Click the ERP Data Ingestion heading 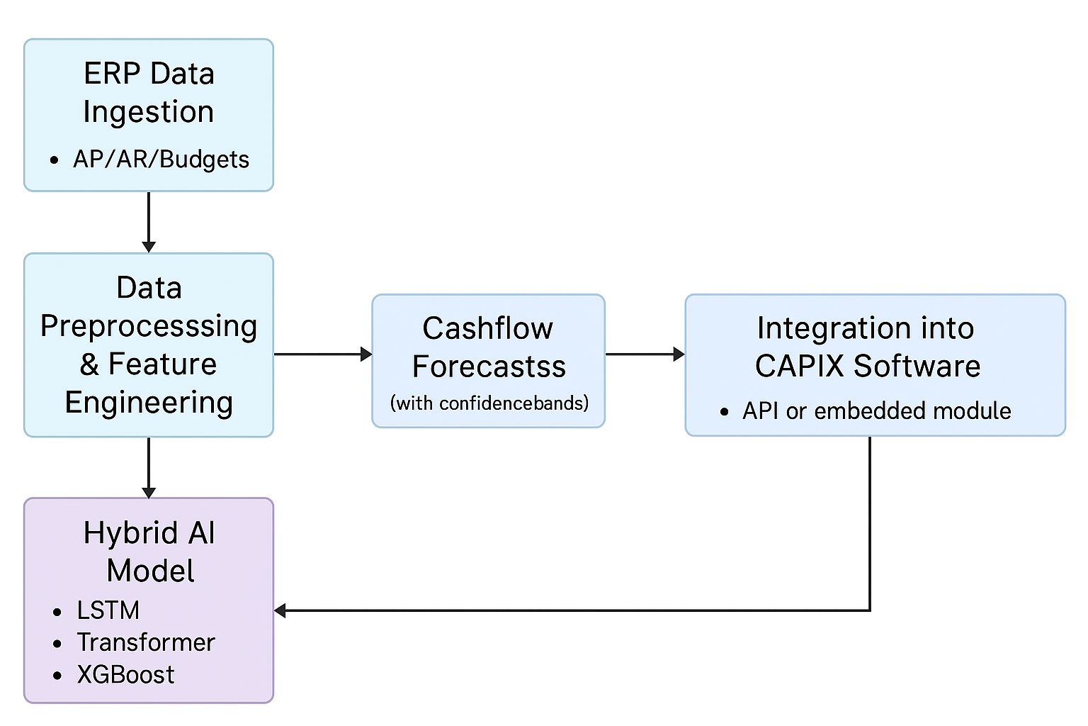coord(149,93)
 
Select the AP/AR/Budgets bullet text coord(161,160)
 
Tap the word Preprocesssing coord(149,326)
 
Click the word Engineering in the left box coord(149,403)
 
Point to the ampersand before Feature coord(89,364)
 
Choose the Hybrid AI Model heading coord(149,552)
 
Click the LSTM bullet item coord(108,610)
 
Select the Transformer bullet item coord(145,642)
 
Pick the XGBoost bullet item coord(125,674)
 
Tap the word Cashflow coord(488,328)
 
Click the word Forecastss coord(489,367)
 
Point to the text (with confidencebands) coord(489,403)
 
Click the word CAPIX coord(799,367)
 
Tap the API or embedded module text coord(876,411)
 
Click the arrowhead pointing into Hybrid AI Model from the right coord(280,610)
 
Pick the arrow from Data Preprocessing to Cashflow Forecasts coord(323,354)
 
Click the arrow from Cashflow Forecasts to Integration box coord(645,354)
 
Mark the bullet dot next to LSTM coord(57,612)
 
